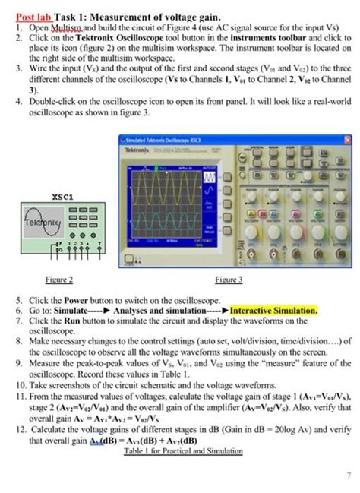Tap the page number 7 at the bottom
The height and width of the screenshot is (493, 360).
(x=336, y=475)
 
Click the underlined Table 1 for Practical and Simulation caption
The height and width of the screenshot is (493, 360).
(x=183, y=451)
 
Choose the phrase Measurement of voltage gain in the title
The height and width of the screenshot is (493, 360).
(x=158, y=15)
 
